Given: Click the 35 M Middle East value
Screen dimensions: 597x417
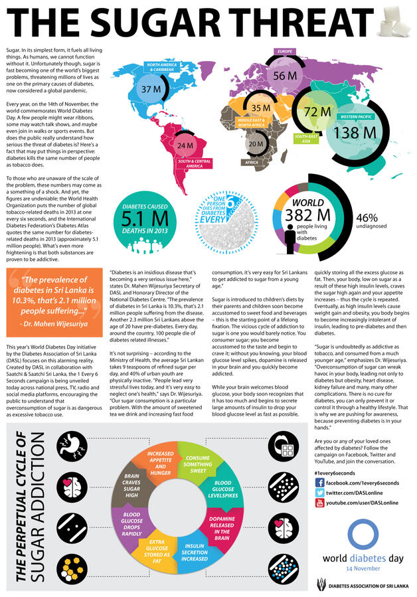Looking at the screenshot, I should pos(260,108).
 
